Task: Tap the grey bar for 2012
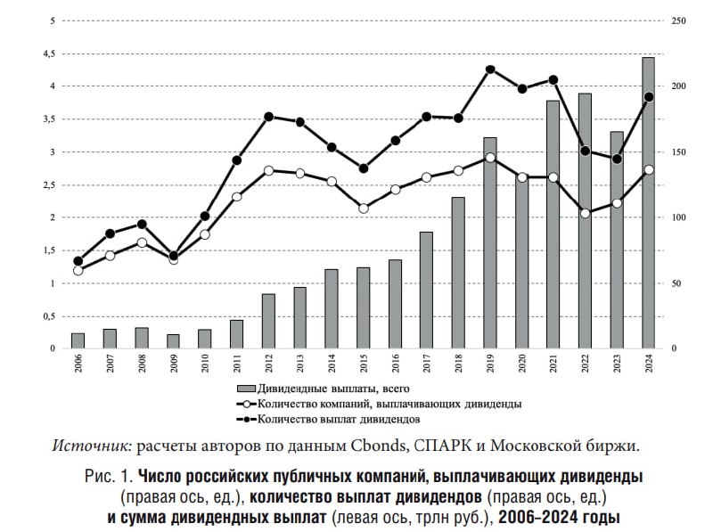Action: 268,321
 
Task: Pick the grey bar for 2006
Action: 78,341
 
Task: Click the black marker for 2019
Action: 490,70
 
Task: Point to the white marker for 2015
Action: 364,209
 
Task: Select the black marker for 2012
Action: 268,117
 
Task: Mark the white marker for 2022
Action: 585,213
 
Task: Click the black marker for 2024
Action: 648,97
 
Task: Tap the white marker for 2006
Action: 78,270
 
